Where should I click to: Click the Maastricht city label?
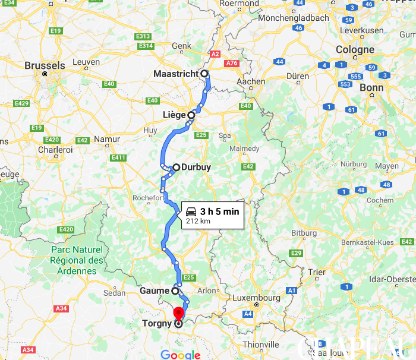click(175, 74)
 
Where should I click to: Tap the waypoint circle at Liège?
click(191, 115)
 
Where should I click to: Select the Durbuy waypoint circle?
click(177, 168)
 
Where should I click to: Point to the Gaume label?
click(154, 291)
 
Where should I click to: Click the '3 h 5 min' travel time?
click(219, 211)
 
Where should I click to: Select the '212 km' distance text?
click(198, 222)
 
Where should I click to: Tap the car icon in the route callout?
click(192, 211)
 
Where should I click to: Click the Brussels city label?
click(45, 65)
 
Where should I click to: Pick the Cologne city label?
click(355, 50)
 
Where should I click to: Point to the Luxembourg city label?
click(256, 298)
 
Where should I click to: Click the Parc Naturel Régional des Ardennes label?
click(77, 260)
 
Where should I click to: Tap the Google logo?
click(180, 355)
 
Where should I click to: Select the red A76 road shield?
click(232, 62)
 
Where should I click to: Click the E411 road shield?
click(118, 157)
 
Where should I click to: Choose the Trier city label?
click(317, 272)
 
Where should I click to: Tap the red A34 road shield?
click(61, 308)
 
